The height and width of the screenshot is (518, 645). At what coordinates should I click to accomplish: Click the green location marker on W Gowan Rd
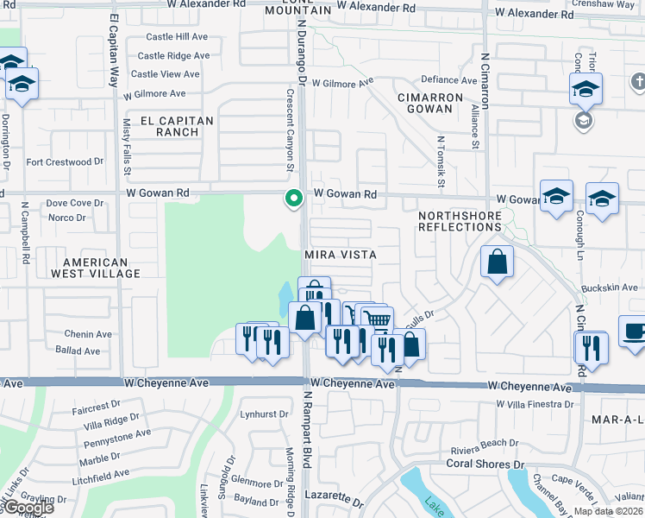294,199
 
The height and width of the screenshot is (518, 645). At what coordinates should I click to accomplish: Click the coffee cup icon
633,333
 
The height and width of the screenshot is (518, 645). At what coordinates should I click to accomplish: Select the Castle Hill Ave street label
177,37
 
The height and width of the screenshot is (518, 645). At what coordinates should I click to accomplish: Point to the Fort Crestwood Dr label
65,161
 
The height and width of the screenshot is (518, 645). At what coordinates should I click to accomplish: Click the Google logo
28,508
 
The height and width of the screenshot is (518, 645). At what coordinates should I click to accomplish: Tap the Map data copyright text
607,512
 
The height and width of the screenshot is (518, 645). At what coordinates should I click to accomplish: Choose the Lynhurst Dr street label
264,414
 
